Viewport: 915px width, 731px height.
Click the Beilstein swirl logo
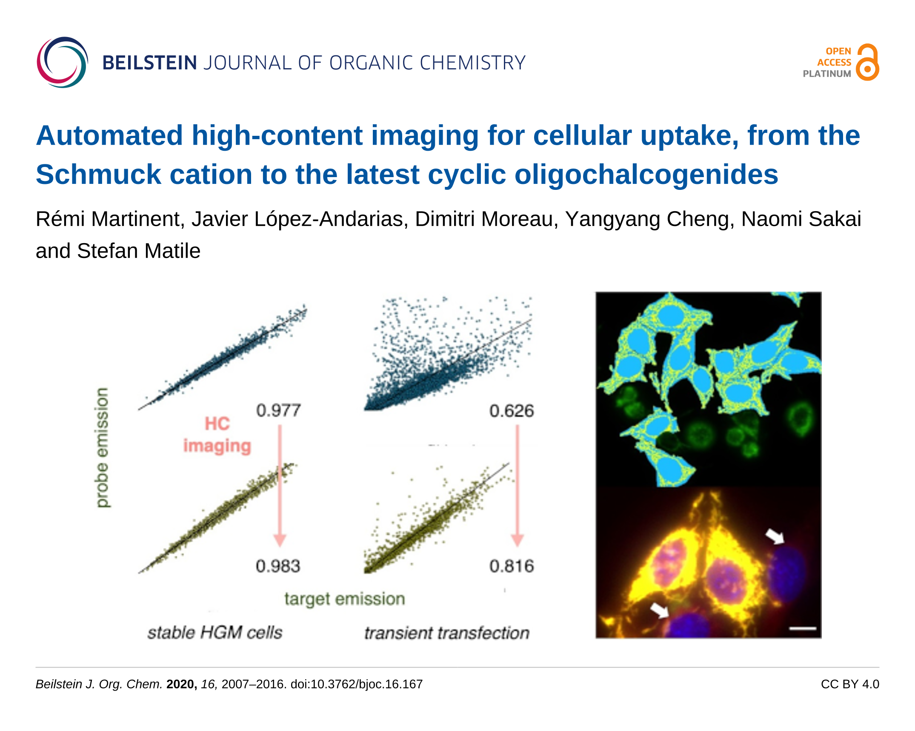tap(62, 62)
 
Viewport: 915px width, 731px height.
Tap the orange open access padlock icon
tap(867, 62)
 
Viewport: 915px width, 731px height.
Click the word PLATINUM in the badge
tap(826, 74)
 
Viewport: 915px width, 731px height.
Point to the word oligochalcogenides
tap(646, 175)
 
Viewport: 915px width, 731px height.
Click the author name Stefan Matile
tap(138, 251)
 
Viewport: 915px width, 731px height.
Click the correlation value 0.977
tap(278, 410)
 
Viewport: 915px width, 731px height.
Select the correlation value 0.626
tap(511, 411)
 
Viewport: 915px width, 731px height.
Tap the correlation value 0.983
tap(278, 566)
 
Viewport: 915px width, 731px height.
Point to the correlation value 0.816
tap(511, 566)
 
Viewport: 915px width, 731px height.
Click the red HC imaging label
tap(217, 435)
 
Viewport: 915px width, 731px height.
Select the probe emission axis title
tap(102, 447)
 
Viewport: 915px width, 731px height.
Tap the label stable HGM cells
tap(215, 633)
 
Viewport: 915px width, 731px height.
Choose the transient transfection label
tap(447, 633)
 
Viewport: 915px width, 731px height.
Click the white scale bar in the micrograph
tap(803, 628)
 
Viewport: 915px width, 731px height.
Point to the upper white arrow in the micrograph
tap(775, 536)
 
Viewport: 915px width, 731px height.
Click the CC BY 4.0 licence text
tap(850, 684)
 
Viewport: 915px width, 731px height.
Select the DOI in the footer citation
tap(357, 684)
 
